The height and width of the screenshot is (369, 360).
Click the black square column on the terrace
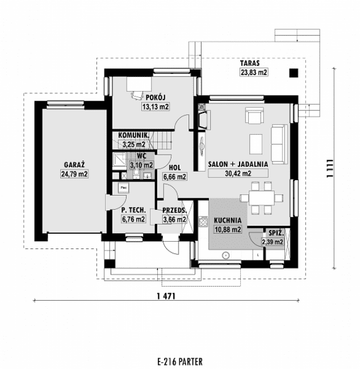[x=294, y=72]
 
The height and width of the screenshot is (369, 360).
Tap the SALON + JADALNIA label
[x=238, y=164]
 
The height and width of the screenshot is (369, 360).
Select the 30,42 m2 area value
[x=238, y=173]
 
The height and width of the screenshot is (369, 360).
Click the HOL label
[x=175, y=168]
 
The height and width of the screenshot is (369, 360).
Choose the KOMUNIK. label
[x=133, y=135]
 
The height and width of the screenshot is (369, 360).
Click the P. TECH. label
[x=133, y=210]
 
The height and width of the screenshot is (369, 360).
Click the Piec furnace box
[x=123, y=186]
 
